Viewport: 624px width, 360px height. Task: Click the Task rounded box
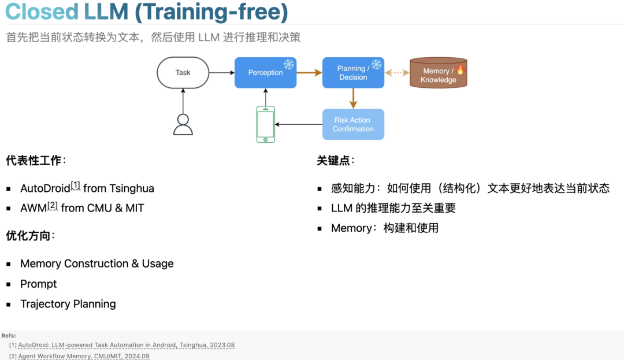coord(183,73)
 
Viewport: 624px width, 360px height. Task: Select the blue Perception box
coord(265,73)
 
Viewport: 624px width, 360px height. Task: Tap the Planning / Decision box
coord(353,73)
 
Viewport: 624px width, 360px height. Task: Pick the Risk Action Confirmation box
coord(353,124)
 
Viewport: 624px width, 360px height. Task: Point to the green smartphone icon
coord(266,124)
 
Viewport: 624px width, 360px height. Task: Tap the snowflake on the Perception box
coord(288,64)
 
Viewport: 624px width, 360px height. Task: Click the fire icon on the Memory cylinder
coord(460,70)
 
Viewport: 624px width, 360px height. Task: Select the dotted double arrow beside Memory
coord(397,73)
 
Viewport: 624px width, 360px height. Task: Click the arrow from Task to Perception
coord(221,73)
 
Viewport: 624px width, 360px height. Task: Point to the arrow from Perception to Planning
coord(309,73)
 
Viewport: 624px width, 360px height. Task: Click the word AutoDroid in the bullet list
coord(45,188)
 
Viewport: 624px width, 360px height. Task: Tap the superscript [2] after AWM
coord(53,205)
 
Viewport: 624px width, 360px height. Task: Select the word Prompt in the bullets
coord(39,284)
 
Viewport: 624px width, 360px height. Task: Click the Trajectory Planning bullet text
coord(68,304)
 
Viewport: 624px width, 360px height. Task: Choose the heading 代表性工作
coord(34,161)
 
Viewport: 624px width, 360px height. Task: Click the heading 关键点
coord(333,161)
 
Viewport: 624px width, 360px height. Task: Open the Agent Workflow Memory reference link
coord(84,357)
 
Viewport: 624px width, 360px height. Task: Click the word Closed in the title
coord(42,12)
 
